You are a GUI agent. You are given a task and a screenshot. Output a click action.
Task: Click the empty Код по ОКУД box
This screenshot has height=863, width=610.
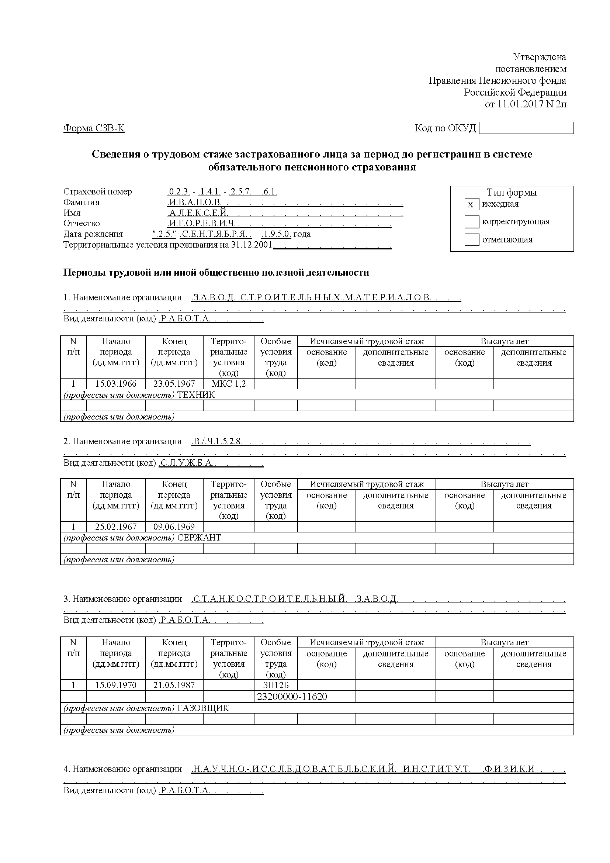tap(526, 128)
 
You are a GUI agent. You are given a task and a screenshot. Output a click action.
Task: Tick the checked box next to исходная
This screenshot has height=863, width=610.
tap(471, 204)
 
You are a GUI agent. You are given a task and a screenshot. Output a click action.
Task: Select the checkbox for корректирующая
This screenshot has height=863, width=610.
tap(471, 222)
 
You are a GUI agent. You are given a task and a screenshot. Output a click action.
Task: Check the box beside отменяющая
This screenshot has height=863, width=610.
tap(471, 239)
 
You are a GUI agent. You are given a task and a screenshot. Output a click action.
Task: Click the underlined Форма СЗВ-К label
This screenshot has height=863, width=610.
tap(94, 128)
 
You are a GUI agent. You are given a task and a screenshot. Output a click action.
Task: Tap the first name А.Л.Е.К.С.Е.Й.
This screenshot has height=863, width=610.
tap(198, 213)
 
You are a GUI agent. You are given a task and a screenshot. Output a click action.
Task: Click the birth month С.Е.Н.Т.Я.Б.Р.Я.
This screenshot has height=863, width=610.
tap(212, 234)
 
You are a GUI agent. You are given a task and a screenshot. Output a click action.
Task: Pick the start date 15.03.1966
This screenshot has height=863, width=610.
tap(116, 384)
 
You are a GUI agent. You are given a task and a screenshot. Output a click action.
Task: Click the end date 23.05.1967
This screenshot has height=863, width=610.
tap(174, 384)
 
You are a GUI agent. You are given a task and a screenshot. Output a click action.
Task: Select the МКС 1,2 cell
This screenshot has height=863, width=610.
tap(228, 384)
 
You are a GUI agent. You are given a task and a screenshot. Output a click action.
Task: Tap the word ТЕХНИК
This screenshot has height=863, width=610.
tap(196, 395)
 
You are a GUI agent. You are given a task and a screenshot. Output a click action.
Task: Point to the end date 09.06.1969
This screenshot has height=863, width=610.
tap(174, 527)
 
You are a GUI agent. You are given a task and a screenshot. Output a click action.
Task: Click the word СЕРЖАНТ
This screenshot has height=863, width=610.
tap(199, 538)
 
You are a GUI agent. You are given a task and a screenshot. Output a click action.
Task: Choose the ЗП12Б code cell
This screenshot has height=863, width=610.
tap(275, 685)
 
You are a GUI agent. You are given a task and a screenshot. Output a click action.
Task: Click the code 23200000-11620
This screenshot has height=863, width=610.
tap(292, 697)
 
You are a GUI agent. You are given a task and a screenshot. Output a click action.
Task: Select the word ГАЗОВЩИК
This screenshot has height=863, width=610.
tap(203, 708)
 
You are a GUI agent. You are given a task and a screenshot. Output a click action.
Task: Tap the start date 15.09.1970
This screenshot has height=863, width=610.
tap(116, 685)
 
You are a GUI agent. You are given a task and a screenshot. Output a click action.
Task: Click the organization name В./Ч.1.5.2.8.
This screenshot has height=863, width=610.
tap(217, 442)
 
